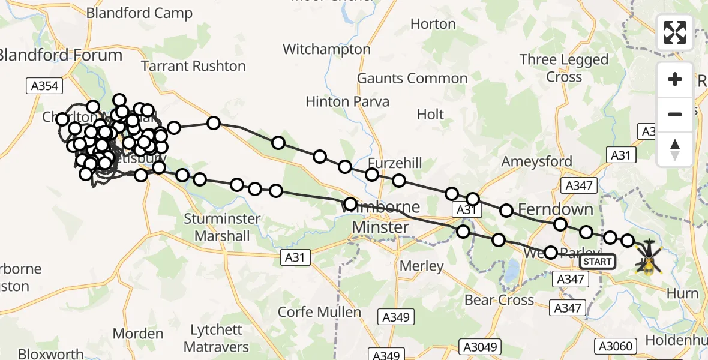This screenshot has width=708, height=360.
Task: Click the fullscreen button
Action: [x=675, y=32]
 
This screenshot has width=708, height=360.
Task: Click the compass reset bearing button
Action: [x=675, y=149]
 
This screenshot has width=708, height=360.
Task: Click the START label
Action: [x=597, y=262]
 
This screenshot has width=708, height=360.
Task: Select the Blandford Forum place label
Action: [x=60, y=55]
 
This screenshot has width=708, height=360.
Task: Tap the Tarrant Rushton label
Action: [x=193, y=66]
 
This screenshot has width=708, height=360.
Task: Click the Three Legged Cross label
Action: [x=563, y=68]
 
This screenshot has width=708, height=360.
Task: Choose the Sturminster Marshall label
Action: [x=222, y=227]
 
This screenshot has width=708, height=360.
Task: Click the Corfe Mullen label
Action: [x=319, y=312]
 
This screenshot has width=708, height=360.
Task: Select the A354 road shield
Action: [x=44, y=86]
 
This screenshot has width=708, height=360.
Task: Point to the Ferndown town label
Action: [x=555, y=209]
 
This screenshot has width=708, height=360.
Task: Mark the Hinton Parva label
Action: [x=347, y=102]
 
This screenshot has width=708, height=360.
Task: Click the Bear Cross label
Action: [x=499, y=300]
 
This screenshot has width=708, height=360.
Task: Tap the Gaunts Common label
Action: [x=412, y=79]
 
